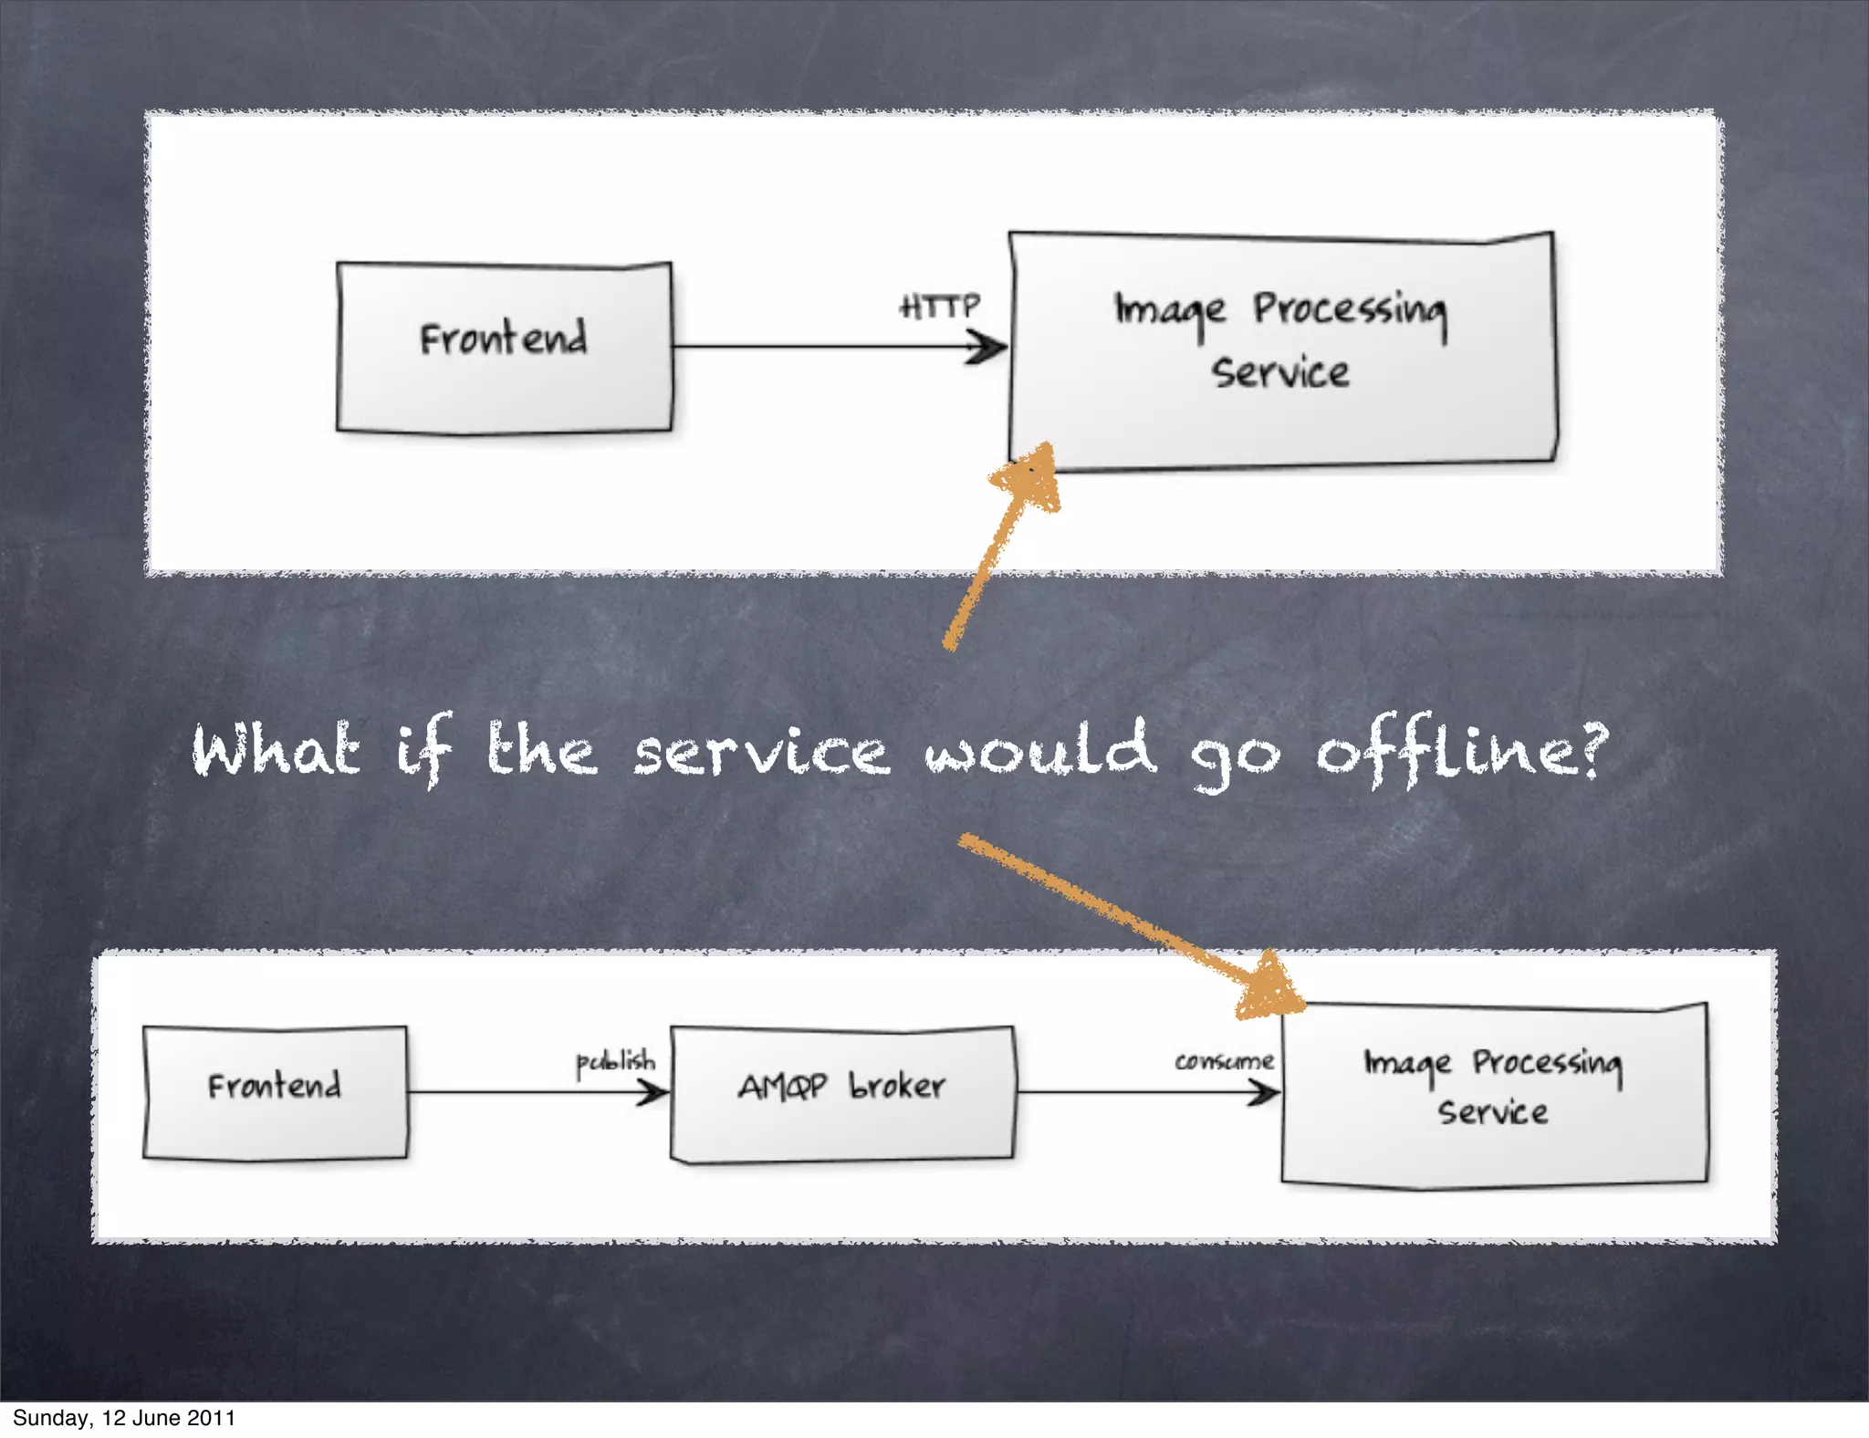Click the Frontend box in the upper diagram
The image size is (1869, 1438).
(x=504, y=347)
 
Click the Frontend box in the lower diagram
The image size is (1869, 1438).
(x=275, y=1092)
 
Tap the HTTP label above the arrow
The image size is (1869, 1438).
(x=940, y=306)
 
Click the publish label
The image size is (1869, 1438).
(x=615, y=1062)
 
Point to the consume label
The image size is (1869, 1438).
(x=1224, y=1061)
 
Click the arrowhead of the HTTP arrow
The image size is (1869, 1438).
(x=989, y=347)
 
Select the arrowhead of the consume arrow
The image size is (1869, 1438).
(x=1267, y=1091)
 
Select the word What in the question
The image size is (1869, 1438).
(x=276, y=750)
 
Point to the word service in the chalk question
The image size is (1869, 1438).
(x=761, y=754)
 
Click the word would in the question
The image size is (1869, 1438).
(x=1040, y=748)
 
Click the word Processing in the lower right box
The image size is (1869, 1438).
(x=1547, y=1063)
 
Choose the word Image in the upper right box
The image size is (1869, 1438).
(x=1170, y=311)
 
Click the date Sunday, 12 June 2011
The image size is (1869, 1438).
(x=124, y=1418)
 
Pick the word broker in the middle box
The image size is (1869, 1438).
(x=897, y=1086)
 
